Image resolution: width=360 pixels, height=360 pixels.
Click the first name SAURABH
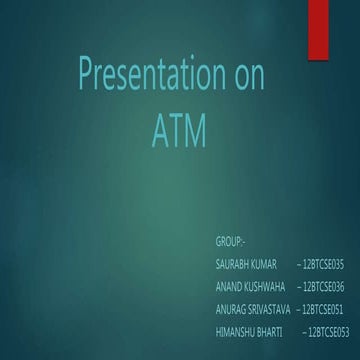click(232, 263)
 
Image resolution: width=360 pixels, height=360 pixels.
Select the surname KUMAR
click(265, 263)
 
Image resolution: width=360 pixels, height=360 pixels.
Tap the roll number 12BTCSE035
click(322, 263)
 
